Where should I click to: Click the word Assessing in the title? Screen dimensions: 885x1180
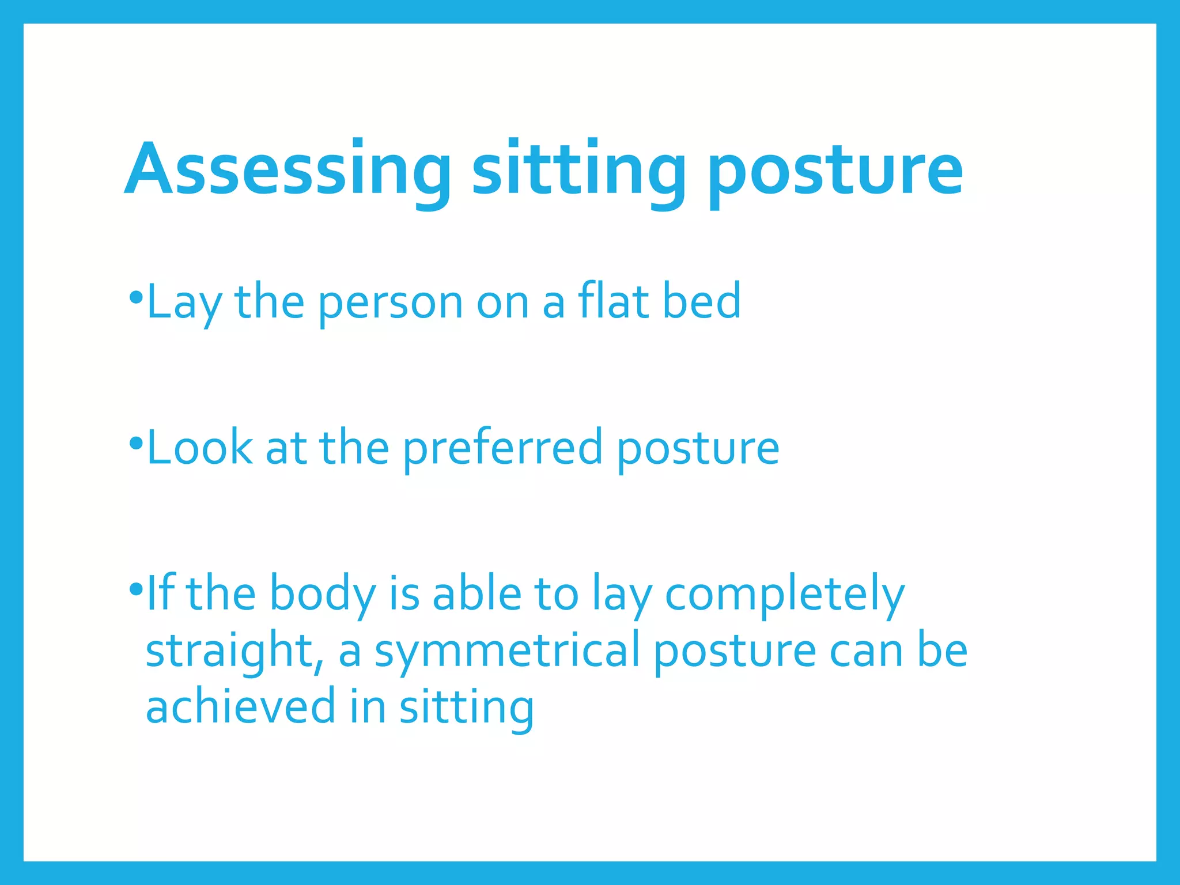[287, 170]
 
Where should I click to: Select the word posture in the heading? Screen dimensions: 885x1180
[835, 170]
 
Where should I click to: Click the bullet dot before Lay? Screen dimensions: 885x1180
[136, 298]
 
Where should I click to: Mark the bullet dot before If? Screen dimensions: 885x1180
[136, 589]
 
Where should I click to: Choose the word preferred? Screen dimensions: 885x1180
[502, 448]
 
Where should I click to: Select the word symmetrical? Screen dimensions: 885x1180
[507, 652]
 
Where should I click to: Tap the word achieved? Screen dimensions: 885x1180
[240, 707]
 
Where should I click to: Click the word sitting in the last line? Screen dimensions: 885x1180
[467, 708]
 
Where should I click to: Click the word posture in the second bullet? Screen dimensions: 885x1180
[698, 448]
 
